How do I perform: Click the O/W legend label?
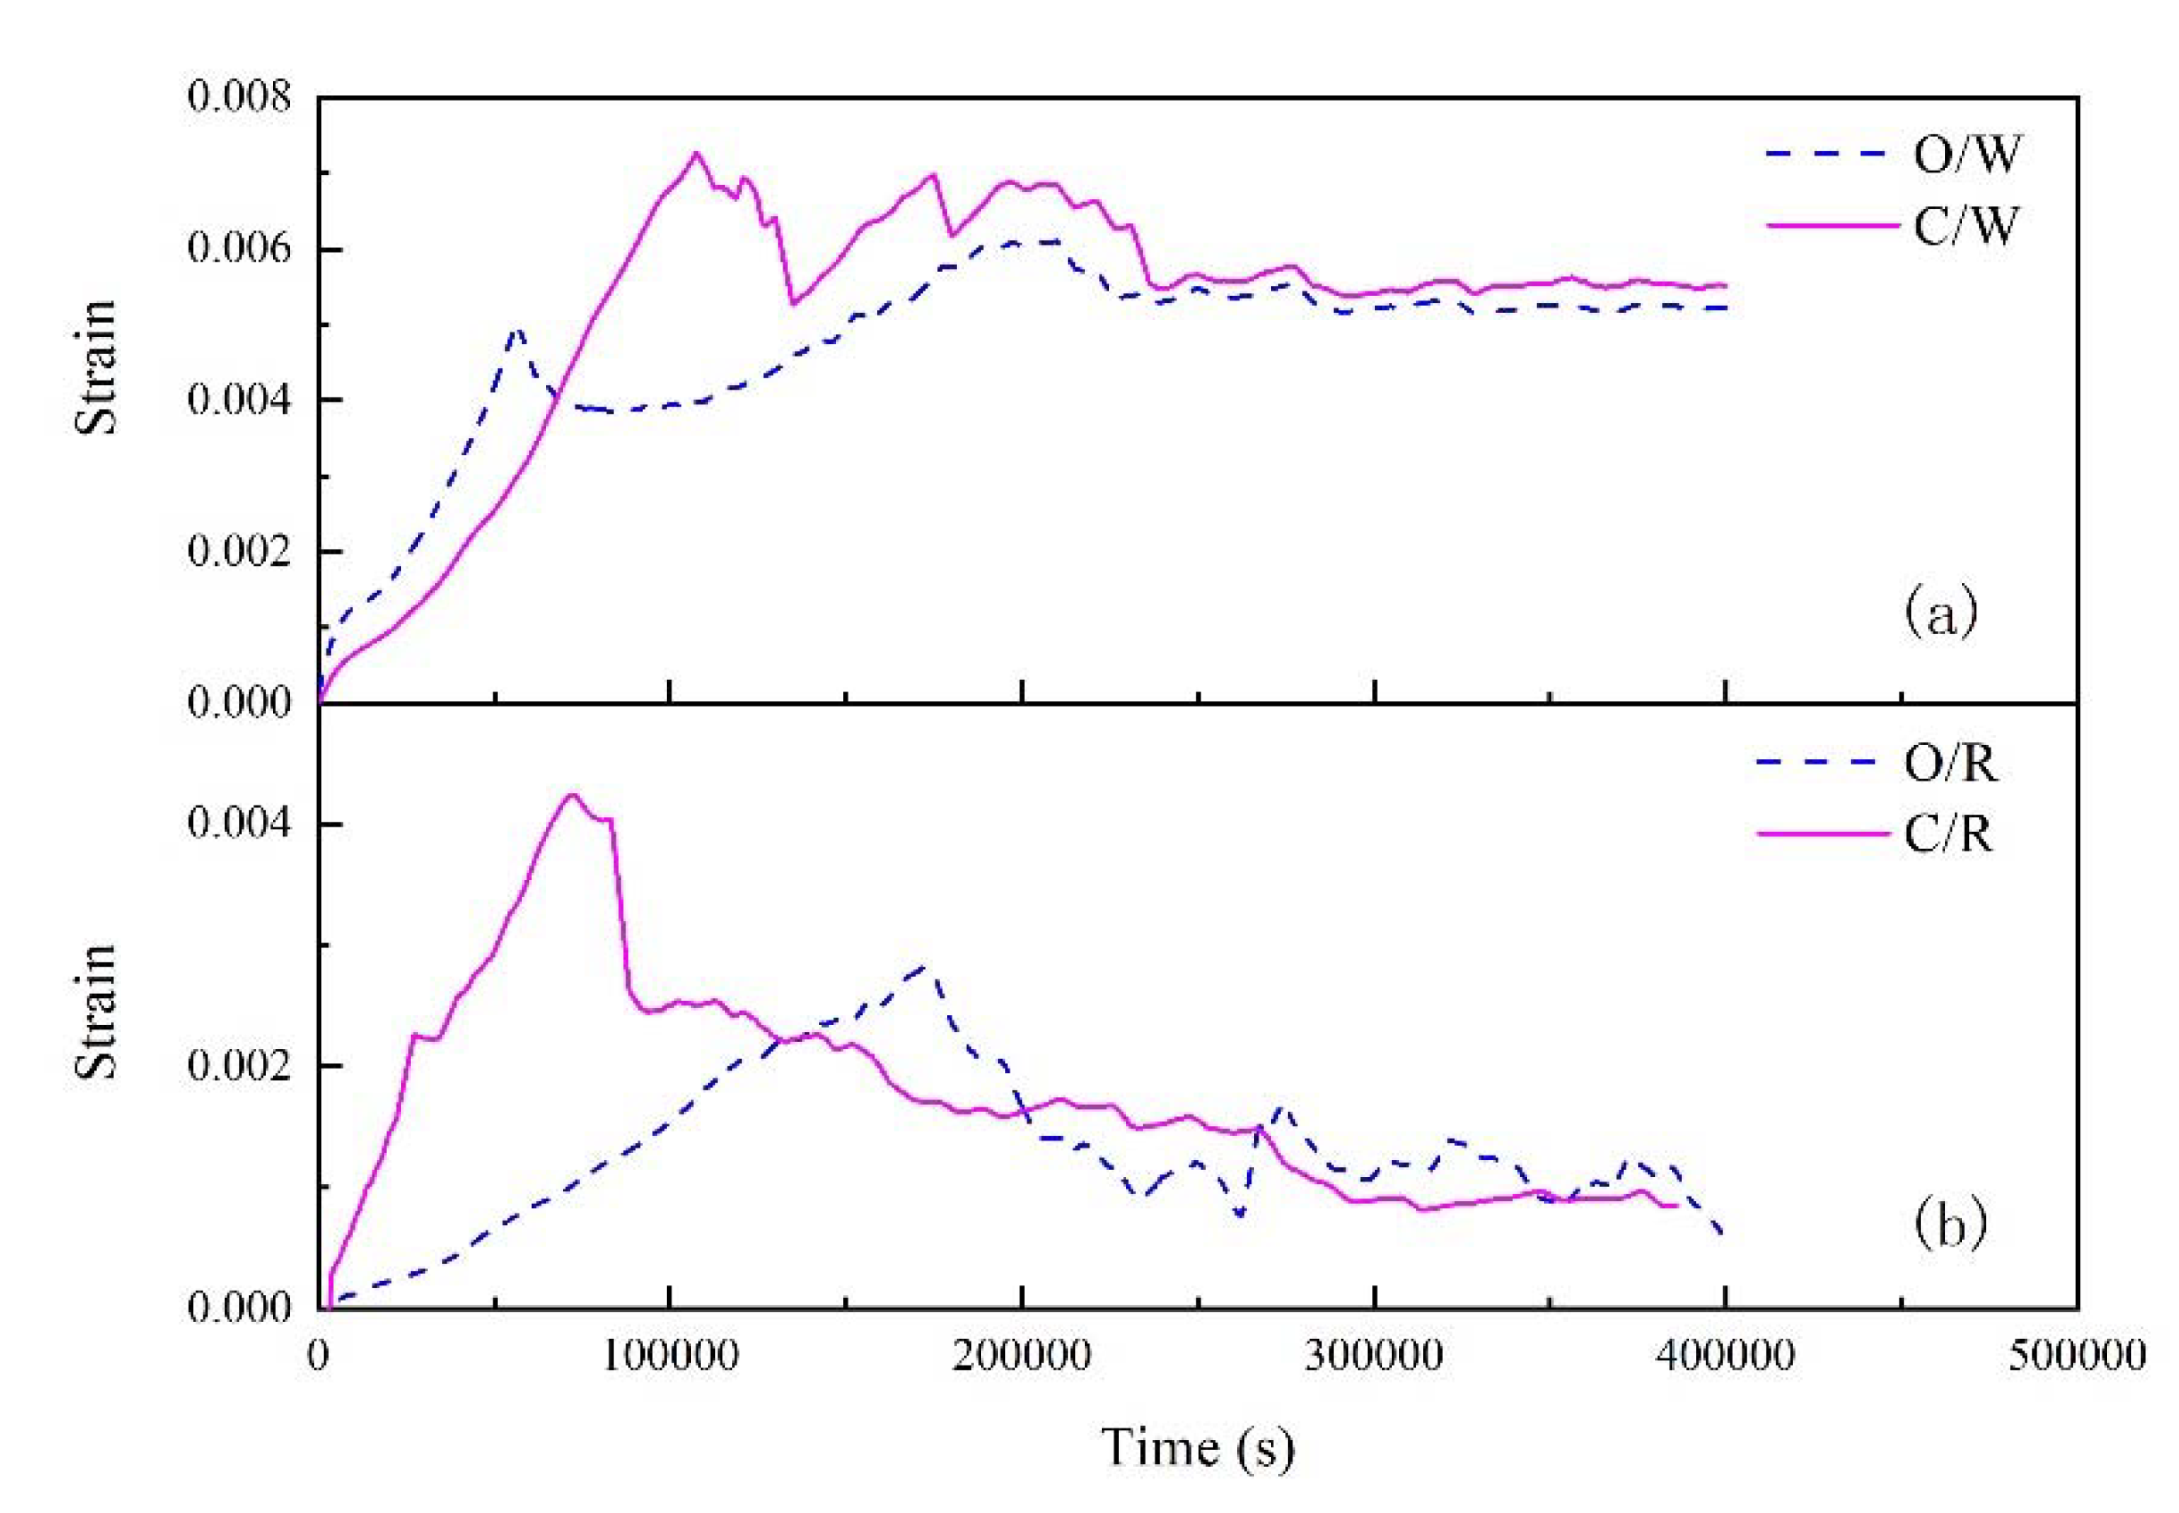click(x=1966, y=155)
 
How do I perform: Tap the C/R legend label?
click(x=1949, y=834)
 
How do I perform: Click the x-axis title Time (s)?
click(x=1196, y=1447)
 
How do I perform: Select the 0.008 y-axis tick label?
click(x=238, y=98)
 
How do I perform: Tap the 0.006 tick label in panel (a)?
click(x=238, y=249)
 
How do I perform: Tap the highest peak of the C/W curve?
click(x=696, y=154)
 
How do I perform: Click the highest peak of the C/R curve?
click(x=572, y=796)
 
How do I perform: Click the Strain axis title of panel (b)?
click(x=95, y=1011)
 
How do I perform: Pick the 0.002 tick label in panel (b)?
click(x=238, y=1067)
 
